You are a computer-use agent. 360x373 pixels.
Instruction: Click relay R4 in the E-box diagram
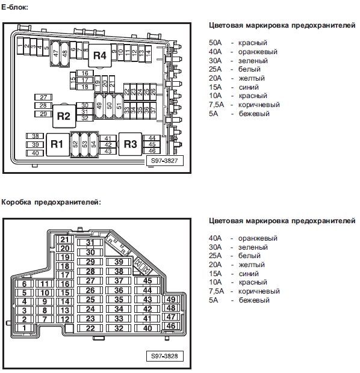pyautogui.click(x=100, y=55)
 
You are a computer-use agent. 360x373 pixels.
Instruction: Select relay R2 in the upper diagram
pyautogui.click(x=64, y=116)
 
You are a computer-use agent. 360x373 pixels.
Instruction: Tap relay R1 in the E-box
pyautogui.click(x=57, y=144)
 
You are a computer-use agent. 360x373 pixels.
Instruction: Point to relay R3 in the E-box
pyautogui.click(x=130, y=144)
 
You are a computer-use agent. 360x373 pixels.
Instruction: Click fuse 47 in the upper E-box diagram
pyautogui.click(x=56, y=54)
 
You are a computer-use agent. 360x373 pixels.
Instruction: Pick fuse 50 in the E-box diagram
pyautogui.click(x=110, y=106)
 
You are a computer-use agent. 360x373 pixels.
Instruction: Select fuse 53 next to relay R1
pyautogui.click(x=84, y=144)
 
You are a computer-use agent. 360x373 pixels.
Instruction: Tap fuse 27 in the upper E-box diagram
pyautogui.click(x=43, y=97)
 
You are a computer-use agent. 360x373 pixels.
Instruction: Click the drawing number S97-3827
pyautogui.click(x=164, y=161)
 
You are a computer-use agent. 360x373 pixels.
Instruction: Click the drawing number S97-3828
pyautogui.click(x=164, y=356)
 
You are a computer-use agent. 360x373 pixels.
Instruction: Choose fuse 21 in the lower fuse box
pyautogui.click(x=65, y=239)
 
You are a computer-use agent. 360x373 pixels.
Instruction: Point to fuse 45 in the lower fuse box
pyautogui.click(x=147, y=281)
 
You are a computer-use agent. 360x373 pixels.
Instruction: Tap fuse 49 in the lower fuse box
pyautogui.click(x=171, y=299)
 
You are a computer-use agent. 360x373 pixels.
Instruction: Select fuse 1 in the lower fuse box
pyautogui.click(x=24, y=328)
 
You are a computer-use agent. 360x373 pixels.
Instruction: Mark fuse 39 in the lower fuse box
pyautogui.click(x=119, y=262)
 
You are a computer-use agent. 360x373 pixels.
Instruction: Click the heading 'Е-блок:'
pyautogui.click(x=15, y=7)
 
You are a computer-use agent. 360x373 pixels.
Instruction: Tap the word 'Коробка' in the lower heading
pyautogui.click(x=16, y=202)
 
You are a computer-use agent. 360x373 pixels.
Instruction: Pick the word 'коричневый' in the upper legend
pyautogui.click(x=259, y=105)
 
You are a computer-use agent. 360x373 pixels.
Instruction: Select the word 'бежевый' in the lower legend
pyautogui.click(x=254, y=300)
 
